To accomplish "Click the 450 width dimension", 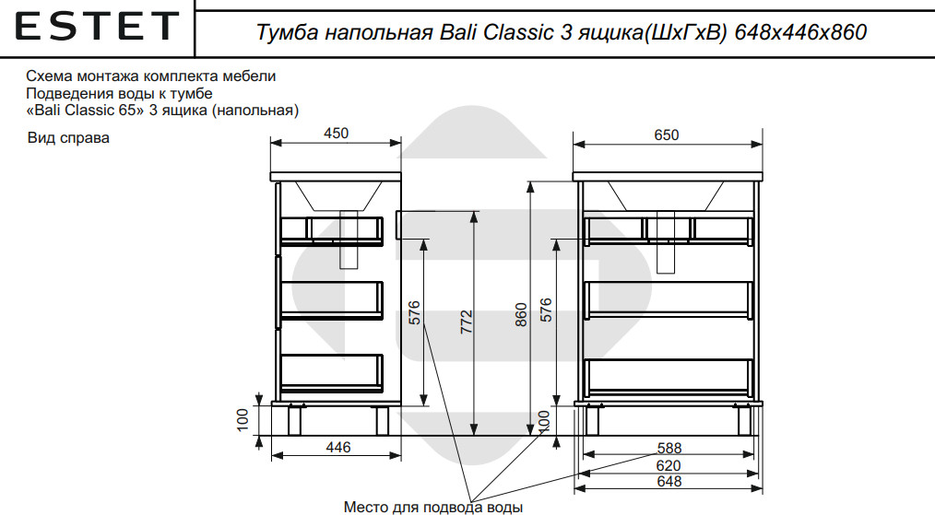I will [337, 134].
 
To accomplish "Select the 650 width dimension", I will [666, 135].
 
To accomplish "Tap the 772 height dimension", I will [467, 322].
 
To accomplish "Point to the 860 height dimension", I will [521, 315].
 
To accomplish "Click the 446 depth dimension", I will [339, 448].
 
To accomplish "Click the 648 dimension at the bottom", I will [669, 481].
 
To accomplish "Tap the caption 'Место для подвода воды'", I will [433, 507].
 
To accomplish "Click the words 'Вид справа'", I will [68, 139].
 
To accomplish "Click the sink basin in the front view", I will [665, 195].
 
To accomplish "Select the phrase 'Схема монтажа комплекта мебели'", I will [151, 76].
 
